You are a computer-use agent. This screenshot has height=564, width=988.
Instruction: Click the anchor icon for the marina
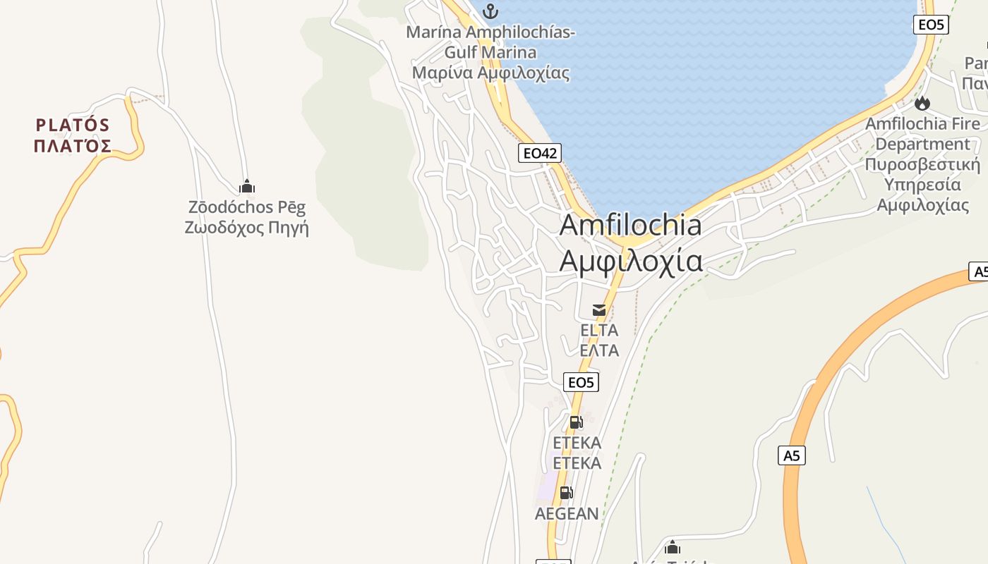coord(490,11)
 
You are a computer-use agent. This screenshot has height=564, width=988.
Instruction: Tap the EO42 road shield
coord(540,153)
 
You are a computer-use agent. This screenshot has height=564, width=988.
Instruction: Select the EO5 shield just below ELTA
coord(582,382)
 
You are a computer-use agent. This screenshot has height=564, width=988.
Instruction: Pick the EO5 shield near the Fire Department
coord(930,25)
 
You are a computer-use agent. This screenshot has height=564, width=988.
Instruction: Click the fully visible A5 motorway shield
coord(792,455)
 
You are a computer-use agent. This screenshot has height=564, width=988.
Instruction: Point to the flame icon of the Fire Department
coord(922,104)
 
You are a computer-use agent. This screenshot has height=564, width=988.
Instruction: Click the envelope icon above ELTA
coord(599,310)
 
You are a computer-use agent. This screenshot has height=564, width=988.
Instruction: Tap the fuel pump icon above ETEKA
coord(576,422)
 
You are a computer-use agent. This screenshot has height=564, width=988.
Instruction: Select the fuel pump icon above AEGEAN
coord(566,493)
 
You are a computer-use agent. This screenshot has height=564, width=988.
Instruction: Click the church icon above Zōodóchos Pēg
coord(246,187)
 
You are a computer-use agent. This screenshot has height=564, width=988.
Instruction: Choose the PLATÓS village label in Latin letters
coord(73,125)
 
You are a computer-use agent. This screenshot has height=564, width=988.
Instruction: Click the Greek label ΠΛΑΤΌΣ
coord(73,146)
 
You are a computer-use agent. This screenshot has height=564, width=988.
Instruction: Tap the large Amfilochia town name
coord(630,226)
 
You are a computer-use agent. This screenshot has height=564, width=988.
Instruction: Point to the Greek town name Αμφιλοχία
coord(630,261)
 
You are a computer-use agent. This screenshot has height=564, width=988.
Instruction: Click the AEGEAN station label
coord(567,514)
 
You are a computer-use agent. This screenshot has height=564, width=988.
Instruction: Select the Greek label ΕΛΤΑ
coord(599,350)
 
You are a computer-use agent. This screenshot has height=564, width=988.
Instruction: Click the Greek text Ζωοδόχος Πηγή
coord(246,228)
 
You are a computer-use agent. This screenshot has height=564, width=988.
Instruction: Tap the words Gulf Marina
coord(490,52)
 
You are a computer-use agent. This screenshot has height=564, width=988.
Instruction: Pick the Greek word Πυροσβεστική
coord(922,165)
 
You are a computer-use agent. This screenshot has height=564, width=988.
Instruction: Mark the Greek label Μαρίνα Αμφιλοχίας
coord(490,73)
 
